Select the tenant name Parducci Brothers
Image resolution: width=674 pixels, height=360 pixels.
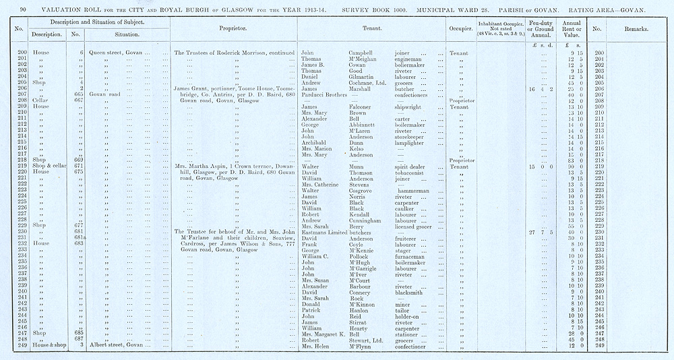click(x=330, y=94)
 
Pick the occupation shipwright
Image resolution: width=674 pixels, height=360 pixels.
click(x=407, y=107)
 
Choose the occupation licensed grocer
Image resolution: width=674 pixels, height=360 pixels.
click(x=413, y=226)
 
